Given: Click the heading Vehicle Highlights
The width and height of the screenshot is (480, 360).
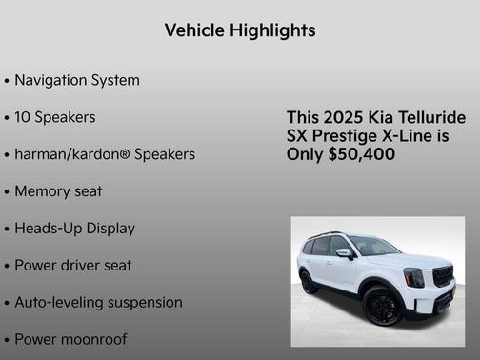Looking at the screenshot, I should (x=239, y=30).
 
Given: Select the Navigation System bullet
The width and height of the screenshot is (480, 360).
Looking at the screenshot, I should (x=77, y=80).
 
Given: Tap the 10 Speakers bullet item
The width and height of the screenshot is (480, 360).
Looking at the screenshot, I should (x=55, y=117).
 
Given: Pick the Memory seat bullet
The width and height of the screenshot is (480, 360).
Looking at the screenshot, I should (x=58, y=190).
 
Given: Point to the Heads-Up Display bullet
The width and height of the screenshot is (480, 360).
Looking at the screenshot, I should (x=74, y=229).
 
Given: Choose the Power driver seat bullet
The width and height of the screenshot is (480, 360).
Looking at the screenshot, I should (x=72, y=265).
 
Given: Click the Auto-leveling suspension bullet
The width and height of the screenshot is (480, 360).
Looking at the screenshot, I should (x=98, y=302).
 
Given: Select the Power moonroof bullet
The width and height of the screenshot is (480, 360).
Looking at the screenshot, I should (x=70, y=339).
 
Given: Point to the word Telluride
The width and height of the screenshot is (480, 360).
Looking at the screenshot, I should (x=430, y=117).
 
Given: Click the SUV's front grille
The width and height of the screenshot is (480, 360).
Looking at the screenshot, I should (x=442, y=277).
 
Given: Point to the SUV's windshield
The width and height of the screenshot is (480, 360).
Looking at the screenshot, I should (x=372, y=247).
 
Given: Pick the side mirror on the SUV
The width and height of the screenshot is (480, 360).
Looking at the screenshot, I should (x=344, y=253).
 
